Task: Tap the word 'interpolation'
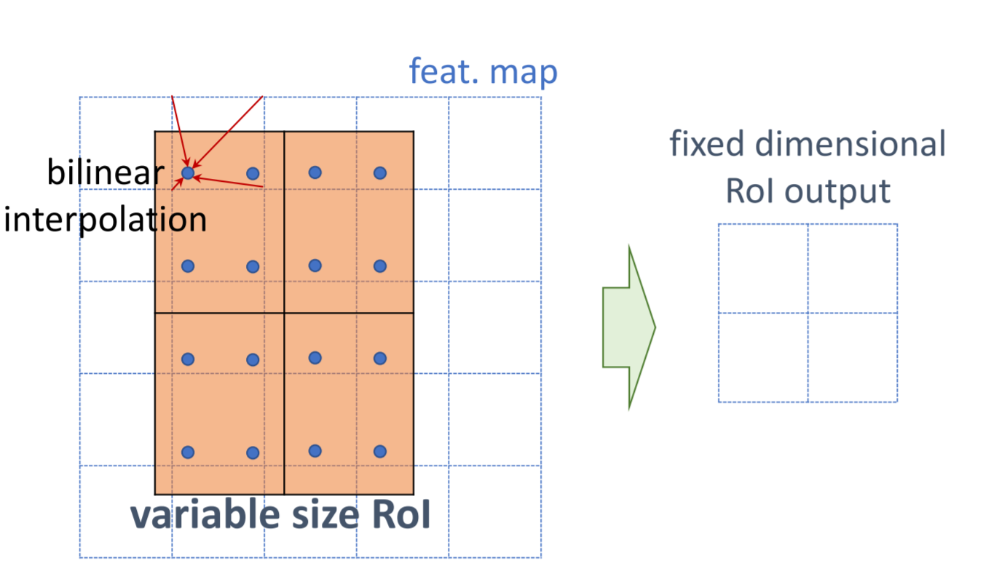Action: pos(105,220)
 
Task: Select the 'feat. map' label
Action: pos(483,72)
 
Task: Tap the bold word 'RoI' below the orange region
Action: pos(401,515)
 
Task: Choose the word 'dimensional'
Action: pos(850,144)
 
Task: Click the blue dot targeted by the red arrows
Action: pos(188,173)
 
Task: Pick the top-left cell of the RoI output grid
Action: pos(763,268)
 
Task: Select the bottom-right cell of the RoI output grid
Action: pos(853,357)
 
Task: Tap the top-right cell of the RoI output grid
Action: pos(853,268)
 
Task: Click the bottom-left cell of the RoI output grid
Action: pos(763,357)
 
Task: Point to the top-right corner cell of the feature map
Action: pos(495,143)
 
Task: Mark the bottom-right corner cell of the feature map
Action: pos(495,511)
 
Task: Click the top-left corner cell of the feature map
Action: pos(125,143)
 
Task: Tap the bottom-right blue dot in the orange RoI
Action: pos(379,452)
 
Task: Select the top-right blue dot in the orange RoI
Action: pos(379,172)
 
